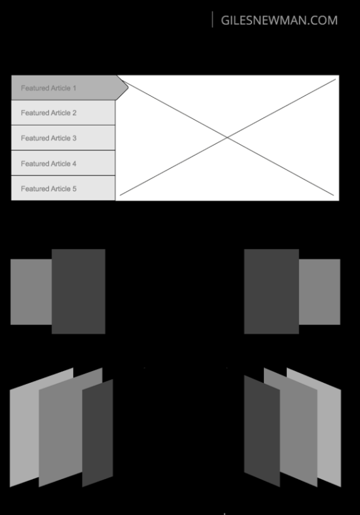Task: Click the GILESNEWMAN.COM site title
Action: click(x=279, y=20)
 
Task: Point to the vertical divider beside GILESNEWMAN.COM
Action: click(x=213, y=20)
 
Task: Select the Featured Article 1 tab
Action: click(x=63, y=88)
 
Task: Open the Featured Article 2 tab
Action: click(x=63, y=112)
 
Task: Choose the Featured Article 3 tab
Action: click(x=63, y=138)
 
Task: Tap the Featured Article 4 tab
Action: click(x=63, y=163)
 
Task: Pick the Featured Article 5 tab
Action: click(x=63, y=188)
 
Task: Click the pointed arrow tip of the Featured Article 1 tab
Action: click(x=126, y=88)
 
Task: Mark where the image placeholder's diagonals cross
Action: click(x=227, y=137)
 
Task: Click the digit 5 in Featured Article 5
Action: click(x=75, y=188)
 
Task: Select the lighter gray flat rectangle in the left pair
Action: click(x=30, y=291)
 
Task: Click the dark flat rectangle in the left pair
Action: click(x=78, y=291)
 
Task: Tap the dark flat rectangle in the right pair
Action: click(x=271, y=291)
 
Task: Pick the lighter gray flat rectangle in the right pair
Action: click(x=320, y=291)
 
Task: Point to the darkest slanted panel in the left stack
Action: click(x=97, y=433)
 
